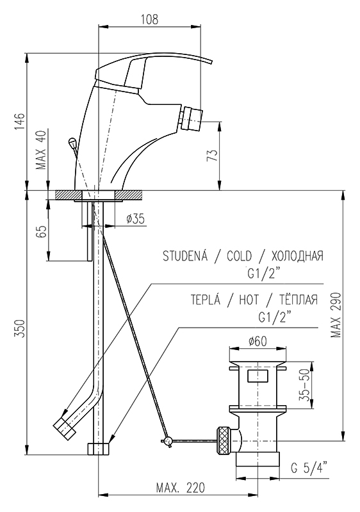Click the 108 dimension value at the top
(x=150, y=19)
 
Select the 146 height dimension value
(x=20, y=122)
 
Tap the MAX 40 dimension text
(x=42, y=149)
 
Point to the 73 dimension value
(x=212, y=156)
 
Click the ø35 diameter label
(x=135, y=219)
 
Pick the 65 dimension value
(x=42, y=232)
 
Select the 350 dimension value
(x=20, y=329)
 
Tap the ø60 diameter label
(x=258, y=341)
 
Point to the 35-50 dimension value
(x=304, y=385)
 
